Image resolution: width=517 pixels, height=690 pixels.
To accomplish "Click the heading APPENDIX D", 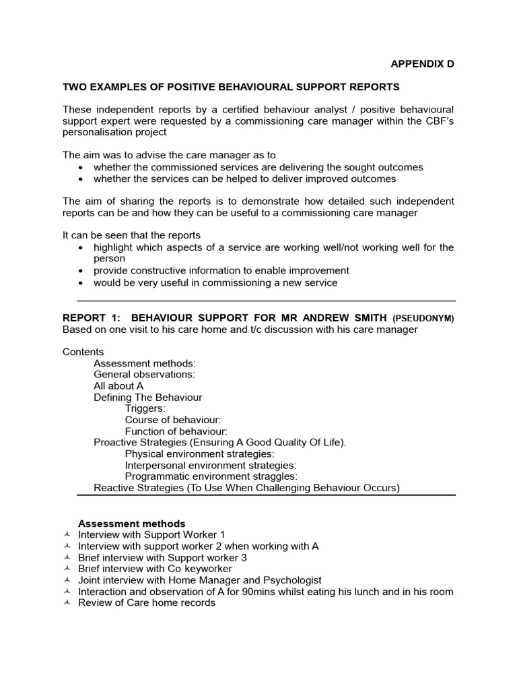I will pyautogui.click(x=423, y=64).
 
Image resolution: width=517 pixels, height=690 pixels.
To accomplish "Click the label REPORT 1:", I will pyautogui.click(x=91, y=317).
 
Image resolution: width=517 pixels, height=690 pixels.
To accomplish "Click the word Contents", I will pyautogui.click(x=83, y=352).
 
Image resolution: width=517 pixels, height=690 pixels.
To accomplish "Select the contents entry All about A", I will pyautogui.click(x=118, y=386).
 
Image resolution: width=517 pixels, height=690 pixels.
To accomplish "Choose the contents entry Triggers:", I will pyautogui.click(x=145, y=408).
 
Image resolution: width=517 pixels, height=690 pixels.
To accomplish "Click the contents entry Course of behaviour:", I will pyautogui.click(x=173, y=420).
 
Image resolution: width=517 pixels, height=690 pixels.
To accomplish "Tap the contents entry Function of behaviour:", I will pyautogui.click(x=176, y=431).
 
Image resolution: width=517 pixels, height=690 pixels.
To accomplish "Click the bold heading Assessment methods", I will pyautogui.click(x=131, y=524).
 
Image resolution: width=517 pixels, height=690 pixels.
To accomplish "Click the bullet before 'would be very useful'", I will pyautogui.click(x=81, y=283).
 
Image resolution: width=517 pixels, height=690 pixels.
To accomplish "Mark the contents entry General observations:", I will pyautogui.click(x=144, y=375).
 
